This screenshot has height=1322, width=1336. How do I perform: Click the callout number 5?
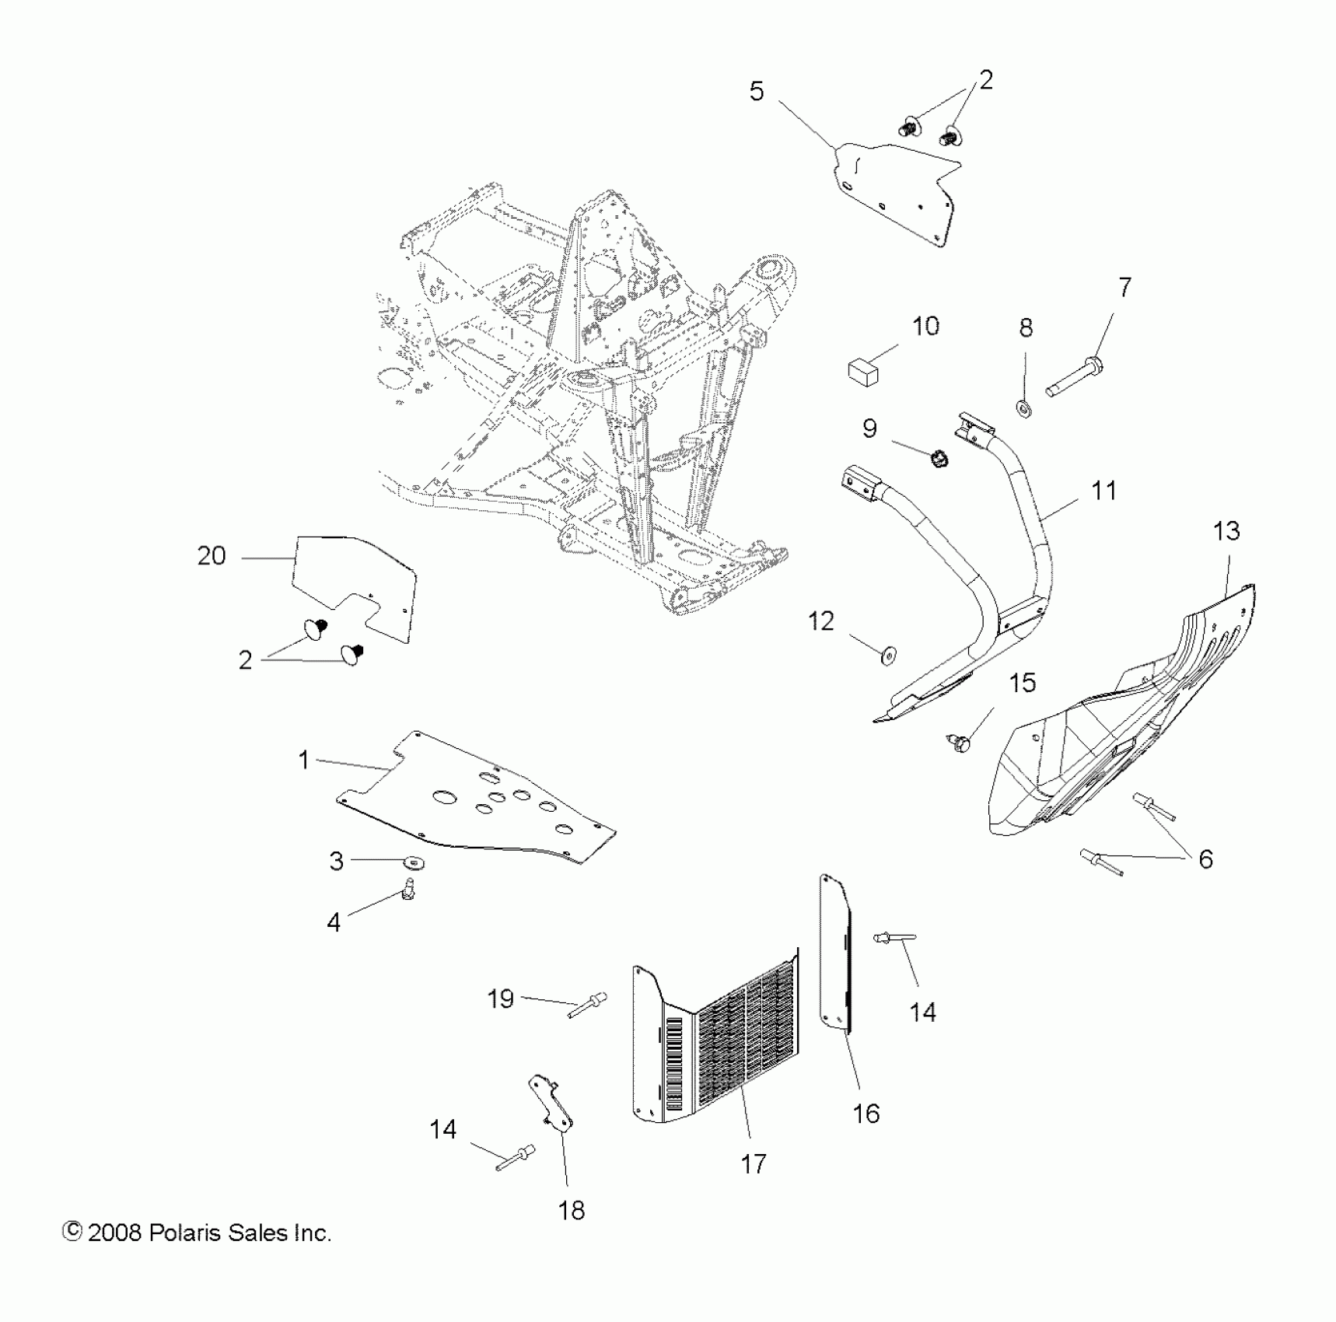pos(756,92)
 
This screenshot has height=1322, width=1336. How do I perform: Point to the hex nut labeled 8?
pos(1024,406)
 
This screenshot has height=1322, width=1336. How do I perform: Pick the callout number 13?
pos(1226,532)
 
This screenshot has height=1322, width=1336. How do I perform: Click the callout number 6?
pos(1205,859)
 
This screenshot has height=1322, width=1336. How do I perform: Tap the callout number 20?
pos(211,556)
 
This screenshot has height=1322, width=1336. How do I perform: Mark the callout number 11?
pos(1103,491)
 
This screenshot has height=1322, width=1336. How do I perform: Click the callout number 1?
pos(304,760)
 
